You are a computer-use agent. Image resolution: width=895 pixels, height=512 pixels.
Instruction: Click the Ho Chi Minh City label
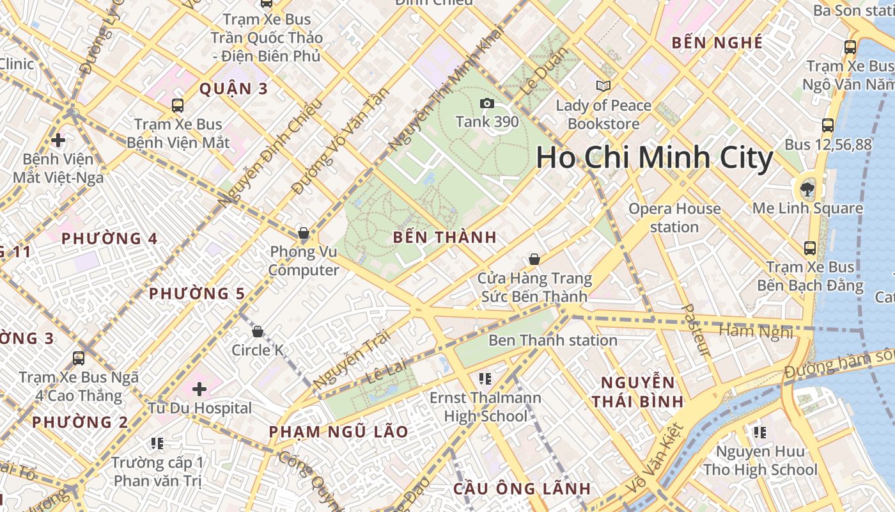[x=654, y=158]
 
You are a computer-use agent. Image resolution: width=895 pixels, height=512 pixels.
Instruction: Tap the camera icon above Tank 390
[x=487, y=104]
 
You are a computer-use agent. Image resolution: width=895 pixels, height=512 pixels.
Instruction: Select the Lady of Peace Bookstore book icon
[x=603, y=86]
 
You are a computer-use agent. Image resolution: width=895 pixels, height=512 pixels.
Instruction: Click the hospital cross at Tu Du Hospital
[x=199, y=388]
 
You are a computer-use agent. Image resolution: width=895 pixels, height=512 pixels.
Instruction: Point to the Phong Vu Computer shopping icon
[x=304, y=233]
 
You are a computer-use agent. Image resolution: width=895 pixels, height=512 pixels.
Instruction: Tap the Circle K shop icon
[x=257, y=332]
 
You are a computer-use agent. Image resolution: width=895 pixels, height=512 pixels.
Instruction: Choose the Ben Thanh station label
[x=552, y=340]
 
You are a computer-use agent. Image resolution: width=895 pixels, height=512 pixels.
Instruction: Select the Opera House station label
[x=674, y=218]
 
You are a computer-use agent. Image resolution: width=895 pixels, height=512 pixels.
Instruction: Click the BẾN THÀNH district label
[x=444, y=237]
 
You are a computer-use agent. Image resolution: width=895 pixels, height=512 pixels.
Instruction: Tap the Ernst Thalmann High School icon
[x=485, y=379]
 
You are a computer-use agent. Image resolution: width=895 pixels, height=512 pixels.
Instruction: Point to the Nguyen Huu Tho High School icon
[x=759, y=433]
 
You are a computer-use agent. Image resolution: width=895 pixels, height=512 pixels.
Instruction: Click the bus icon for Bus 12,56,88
[x=828, y=125]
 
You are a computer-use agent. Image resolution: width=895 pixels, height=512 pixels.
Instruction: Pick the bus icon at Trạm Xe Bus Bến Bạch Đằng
[x=810, y=248]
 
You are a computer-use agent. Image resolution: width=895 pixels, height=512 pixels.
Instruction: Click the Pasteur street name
[x=696, y=330]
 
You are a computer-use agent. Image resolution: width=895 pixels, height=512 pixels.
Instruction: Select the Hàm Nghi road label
[x=756, y=331]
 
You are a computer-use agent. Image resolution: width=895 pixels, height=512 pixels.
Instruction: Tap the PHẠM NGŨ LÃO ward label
[x=338, y=432]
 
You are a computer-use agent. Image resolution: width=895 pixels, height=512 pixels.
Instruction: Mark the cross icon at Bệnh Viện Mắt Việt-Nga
[x=58, y=140]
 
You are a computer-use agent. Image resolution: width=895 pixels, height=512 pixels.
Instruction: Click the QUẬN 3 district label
[x=233, y=89]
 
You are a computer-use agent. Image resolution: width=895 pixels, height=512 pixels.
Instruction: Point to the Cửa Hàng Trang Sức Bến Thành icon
[x=534, y=259]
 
